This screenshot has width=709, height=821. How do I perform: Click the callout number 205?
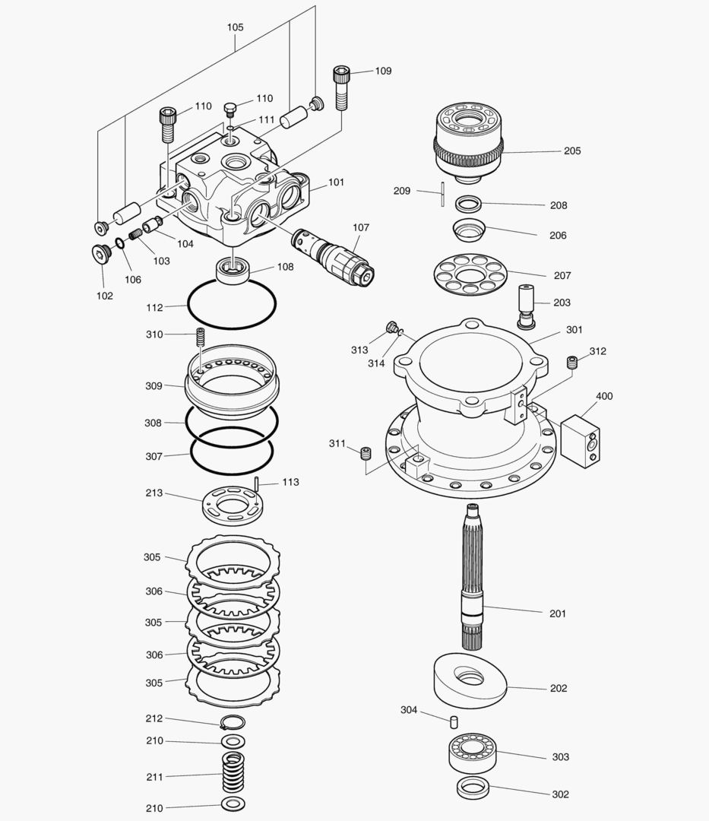(572, 151)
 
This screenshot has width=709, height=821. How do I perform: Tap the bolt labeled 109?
(340, 85)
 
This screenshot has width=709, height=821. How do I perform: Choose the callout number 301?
(574, 330)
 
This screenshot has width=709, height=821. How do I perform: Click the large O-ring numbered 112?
(233, 304)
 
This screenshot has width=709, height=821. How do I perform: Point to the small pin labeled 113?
(258, 483)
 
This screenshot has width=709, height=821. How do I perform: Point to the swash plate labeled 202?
(469, 679)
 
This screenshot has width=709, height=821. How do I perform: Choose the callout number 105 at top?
(236, 27)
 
